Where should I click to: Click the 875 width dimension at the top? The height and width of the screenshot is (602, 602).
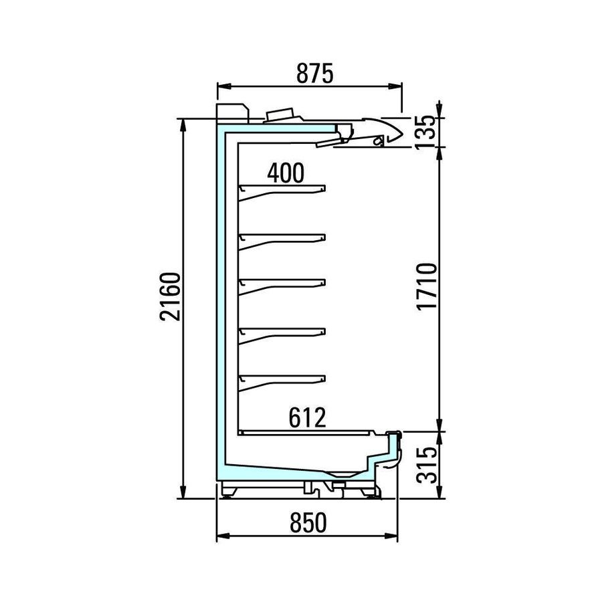tap(315, 74)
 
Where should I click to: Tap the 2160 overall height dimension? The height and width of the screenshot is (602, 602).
tap(171, 296)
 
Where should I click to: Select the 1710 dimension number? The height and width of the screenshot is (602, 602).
tap(427, 286)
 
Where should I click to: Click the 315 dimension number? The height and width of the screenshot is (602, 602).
tap(427, 465)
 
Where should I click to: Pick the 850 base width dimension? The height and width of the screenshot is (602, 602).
tap(308, 523)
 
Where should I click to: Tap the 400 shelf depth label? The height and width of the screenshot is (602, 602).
tap(286, 173)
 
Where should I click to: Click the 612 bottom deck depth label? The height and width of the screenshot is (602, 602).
tap(307, 417)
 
